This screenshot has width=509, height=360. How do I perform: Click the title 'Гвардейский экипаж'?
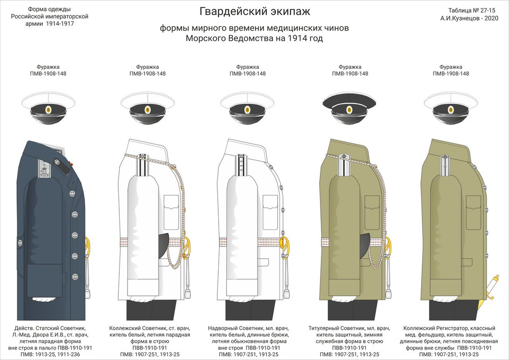click(x=255, y=11)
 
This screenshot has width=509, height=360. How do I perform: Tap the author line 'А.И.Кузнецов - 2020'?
click(x=469, y=18)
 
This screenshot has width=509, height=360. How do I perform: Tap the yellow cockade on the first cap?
click(x=48, y=110)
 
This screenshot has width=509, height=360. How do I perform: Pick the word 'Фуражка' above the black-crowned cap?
click(x=350, y=67)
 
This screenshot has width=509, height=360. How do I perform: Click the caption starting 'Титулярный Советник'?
click(x=350, y=341)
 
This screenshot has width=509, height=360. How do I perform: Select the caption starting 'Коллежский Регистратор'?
click(x=450, y=341)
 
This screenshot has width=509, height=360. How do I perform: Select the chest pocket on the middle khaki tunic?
click(x=372, y=212)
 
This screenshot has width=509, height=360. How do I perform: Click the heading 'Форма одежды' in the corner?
click(x=50, y=9)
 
